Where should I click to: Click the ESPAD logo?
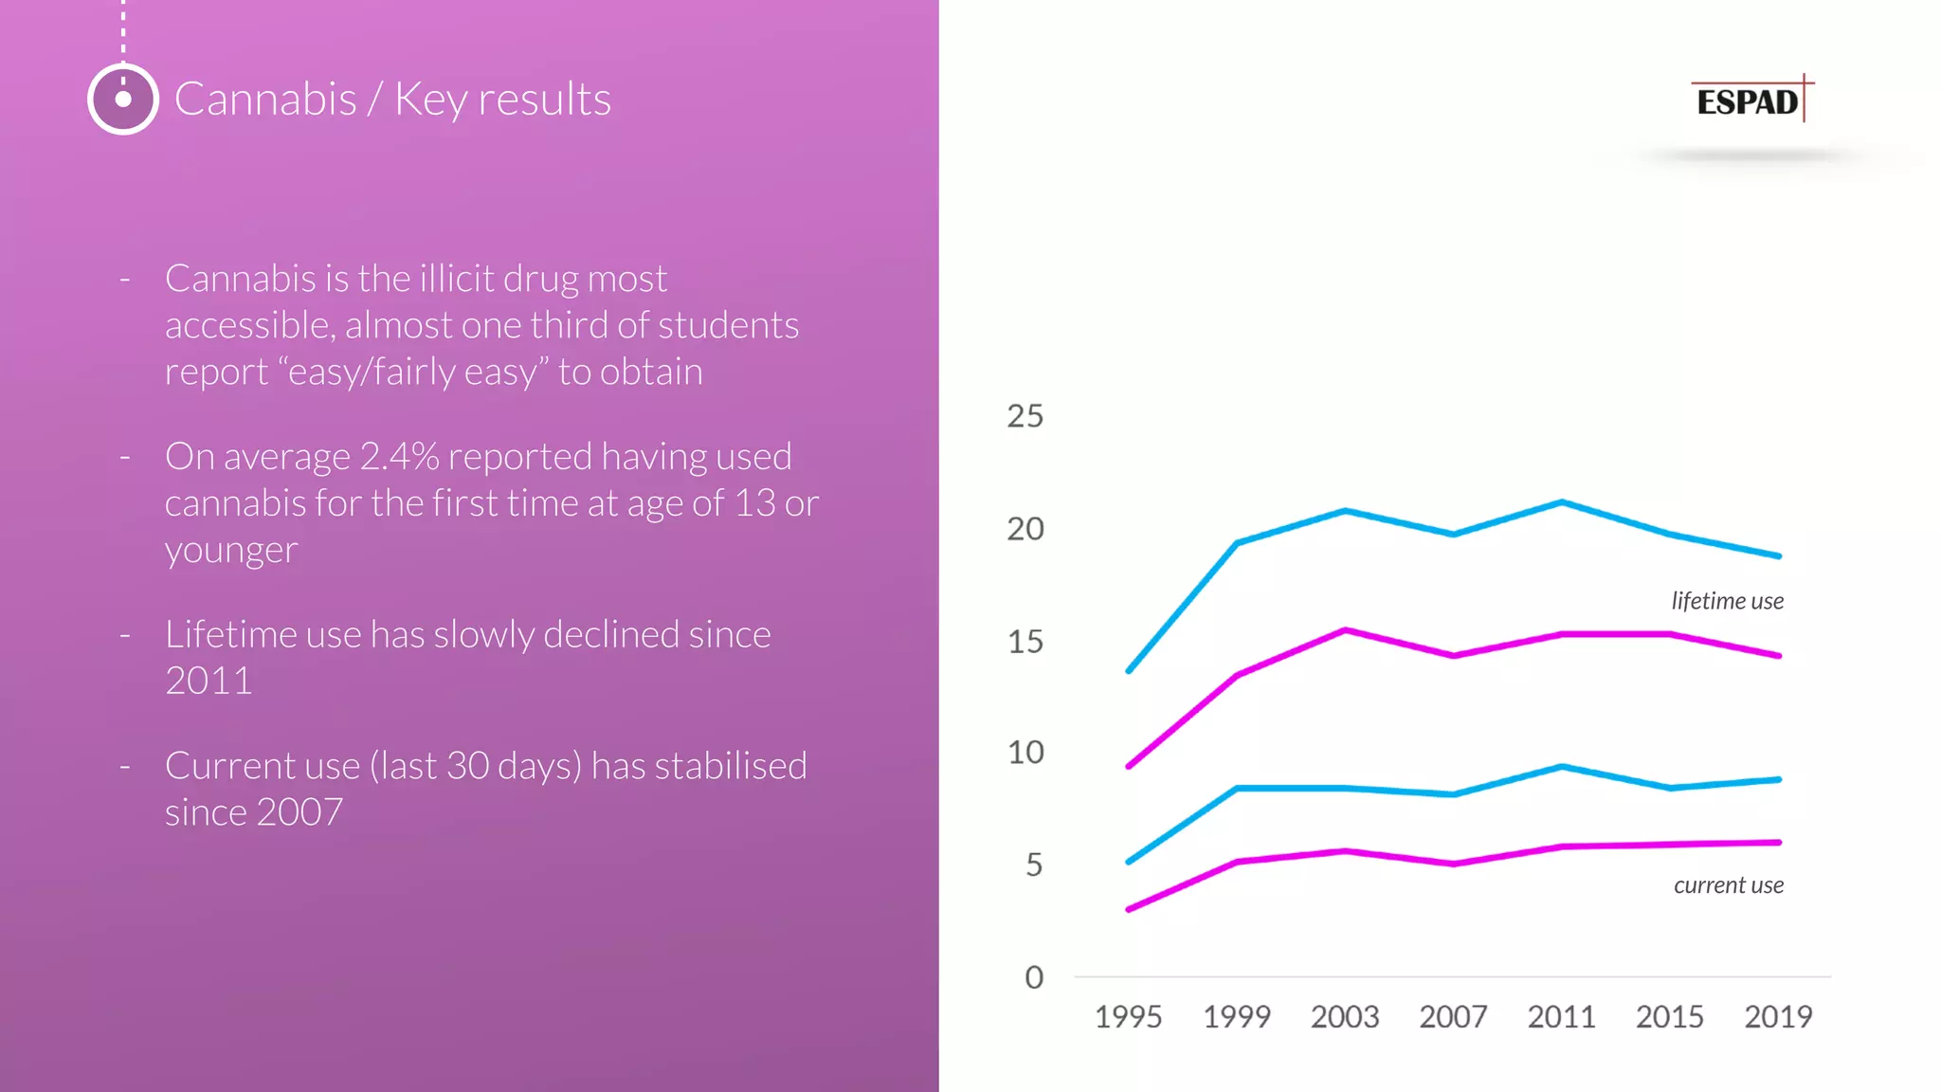pyautogui.click(x=1750, y=100)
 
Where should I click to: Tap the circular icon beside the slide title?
pyautogui.click(x=123, y=99)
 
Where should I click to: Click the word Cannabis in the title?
pyautogui.click(x=265, y=100)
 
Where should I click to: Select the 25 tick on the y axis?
pyautogui.click(x=1025, y=416)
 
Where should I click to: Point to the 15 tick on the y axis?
pyautogui.click(x=1025, y=642)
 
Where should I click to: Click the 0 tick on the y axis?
pyautogui.click(x=1033, y=977)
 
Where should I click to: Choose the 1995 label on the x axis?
pyautogui.click(x=1128, y=1017)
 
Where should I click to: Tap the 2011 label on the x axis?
pyautogui.click(x=1561, y=1017)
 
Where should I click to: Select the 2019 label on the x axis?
pyautogui.click(x=1778, y=1017)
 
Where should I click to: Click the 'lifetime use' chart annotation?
pyautogui.click(x=1727, y=601)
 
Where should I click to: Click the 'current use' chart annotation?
pyautogui.click(x=1728, y=885)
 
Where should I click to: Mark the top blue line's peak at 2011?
pyautogui.click(x=1562, y=501)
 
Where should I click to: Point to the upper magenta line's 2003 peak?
pyautogui.click(x=1345, y=629)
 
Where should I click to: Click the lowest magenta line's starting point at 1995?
pyautogui.click(x=1129, y=909)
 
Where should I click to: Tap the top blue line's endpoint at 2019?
pyautogui.click(x=1779, y=556)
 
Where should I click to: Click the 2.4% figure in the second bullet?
pyautogui.click(x=399, y=457)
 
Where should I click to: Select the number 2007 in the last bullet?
pyautogui.click(x=299, y=812)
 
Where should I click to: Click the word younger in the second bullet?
pyautogui.click(x=231, y=551)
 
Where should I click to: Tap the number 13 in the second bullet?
pyautogui.click(x=754, y=503)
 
